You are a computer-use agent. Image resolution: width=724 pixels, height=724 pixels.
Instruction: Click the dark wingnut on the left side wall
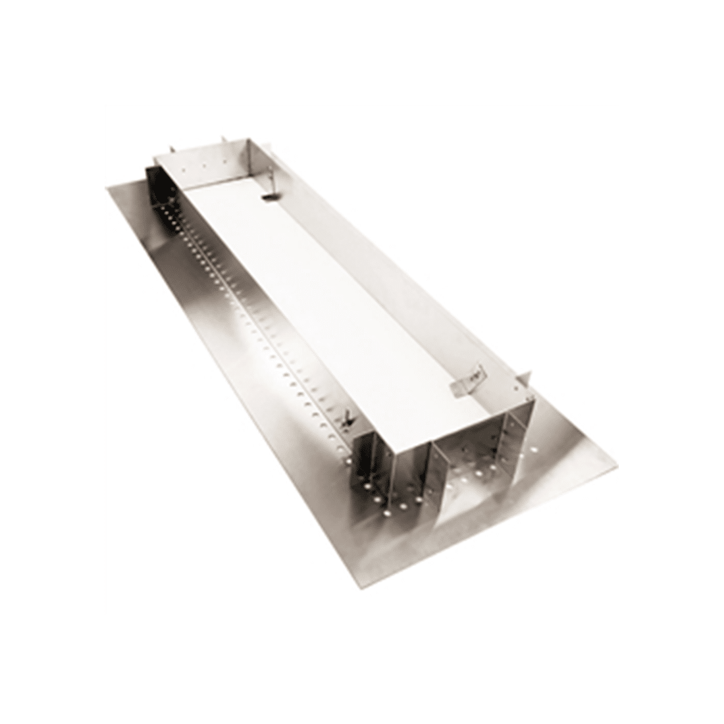[x=347, y=419]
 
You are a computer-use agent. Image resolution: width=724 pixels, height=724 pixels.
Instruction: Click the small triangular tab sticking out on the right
[x=524, y=378]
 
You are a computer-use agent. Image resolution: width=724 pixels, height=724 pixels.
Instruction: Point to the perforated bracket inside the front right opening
[x=507, y=441]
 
